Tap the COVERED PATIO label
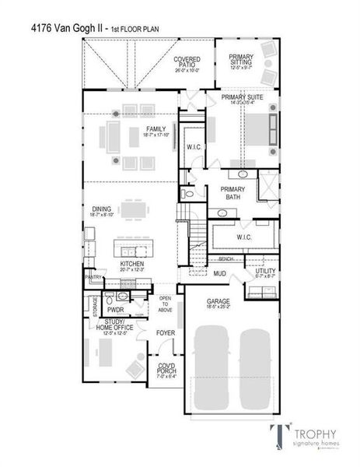tap(187, 61)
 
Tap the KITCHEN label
tap(131, 264)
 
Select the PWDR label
tap(127, 309)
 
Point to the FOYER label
tap(165, 333)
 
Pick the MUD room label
tap(219, 274)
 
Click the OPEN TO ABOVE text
tap(165, 303)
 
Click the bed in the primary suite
tap(256, 128)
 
